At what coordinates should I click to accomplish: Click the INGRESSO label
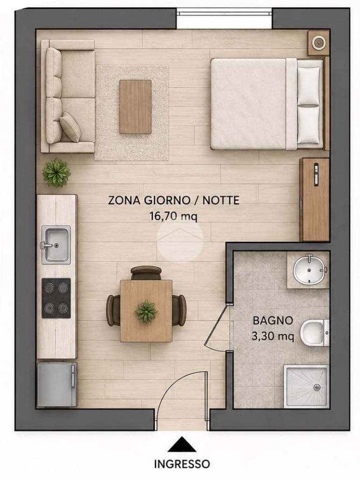182,464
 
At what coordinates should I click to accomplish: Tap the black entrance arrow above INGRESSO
182,444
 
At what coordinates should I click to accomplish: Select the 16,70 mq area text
173,217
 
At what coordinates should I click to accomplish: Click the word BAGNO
273,321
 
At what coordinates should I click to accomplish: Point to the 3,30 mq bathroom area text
273,337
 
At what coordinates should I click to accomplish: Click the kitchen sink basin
56,245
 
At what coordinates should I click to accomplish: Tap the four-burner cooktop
56,298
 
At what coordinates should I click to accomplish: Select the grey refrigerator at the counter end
57,385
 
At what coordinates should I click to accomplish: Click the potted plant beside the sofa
56,172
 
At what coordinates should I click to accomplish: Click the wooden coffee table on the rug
135,106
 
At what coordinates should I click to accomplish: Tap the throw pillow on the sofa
70,127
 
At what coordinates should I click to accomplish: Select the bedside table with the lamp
318,43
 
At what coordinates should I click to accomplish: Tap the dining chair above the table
146,273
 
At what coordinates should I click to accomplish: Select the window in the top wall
224,13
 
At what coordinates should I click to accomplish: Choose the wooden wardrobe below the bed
314,199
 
